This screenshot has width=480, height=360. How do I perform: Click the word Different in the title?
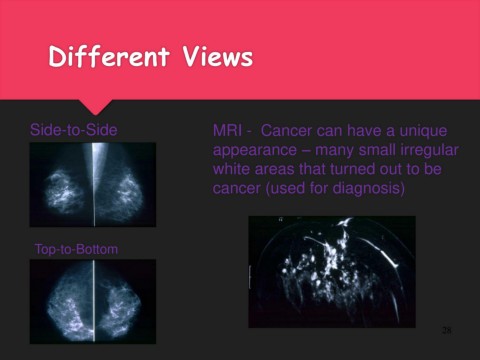[x=109, y=56]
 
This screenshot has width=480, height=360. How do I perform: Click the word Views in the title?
[x=217, y=56]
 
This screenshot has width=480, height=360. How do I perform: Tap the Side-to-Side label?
[x=74, y=130]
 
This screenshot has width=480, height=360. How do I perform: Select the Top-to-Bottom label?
[x=76, y=249]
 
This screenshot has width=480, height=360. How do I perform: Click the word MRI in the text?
[x=228, y=130]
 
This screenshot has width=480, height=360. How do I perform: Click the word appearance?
[x=255, y=151]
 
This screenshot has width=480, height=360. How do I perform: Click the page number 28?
[x=446, y=330]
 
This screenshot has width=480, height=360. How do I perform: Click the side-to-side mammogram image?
[x=93, y=185]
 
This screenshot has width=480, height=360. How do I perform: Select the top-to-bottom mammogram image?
[x=93, y=302]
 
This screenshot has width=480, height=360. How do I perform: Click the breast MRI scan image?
[x=332, y=272]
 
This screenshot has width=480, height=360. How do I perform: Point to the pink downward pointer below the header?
[x=95, y=107]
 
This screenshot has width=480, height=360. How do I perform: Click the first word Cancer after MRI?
[x=286, y=130]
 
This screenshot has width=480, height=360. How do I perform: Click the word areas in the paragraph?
[x=274, y=170]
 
